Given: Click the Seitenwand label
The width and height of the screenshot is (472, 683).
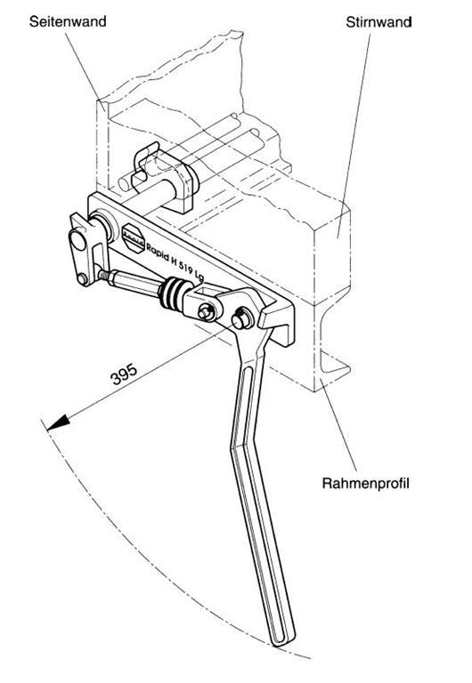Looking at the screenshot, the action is (x=68, y=21).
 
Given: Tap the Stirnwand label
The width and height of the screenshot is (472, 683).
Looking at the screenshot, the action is (x=378, y=21).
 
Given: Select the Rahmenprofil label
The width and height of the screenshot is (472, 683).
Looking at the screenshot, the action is (x=365, y=484).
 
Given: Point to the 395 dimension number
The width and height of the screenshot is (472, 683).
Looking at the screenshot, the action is (x=125, y=374).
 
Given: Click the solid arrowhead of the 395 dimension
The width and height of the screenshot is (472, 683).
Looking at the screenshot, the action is (x=58, y=422).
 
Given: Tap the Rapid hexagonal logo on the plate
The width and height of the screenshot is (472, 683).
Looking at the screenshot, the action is (x=133, y=238).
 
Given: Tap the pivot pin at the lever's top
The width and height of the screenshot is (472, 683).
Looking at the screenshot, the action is (x=242, y=319).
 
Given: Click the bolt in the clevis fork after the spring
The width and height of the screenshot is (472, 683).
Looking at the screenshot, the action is (x=207, y=312).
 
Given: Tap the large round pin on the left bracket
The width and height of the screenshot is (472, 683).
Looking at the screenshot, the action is (x=77, y=240).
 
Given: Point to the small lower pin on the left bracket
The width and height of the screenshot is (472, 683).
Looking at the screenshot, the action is (x=83, y=278).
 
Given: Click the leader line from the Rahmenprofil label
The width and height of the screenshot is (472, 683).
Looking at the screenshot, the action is (x=339, y=426).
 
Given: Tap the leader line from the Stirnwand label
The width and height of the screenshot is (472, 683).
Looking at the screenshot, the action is (x=354, y=135).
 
